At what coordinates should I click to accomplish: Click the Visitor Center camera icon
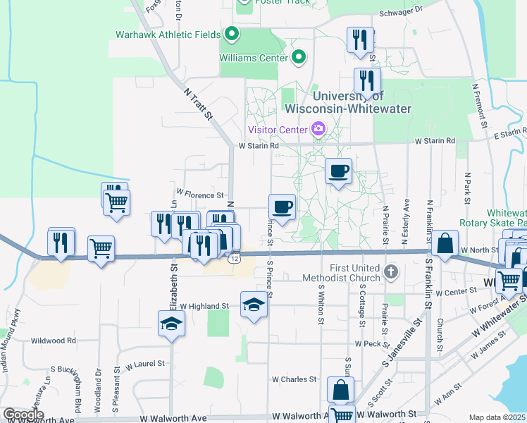pos(318,129)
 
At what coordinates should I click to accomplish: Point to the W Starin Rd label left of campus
pos(259,146)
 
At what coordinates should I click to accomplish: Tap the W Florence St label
pos(199,192)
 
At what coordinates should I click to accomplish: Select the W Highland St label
pos(204,307)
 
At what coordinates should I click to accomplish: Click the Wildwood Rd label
pos(53,341)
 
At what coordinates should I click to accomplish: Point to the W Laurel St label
pos(144,365)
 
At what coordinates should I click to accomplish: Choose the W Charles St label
pos(298,379)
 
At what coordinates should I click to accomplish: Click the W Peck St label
pos(368,343)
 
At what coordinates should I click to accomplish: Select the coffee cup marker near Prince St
pos(282,207)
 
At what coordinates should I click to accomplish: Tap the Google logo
pos(23,415)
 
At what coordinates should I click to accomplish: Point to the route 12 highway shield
pos(234,259)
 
